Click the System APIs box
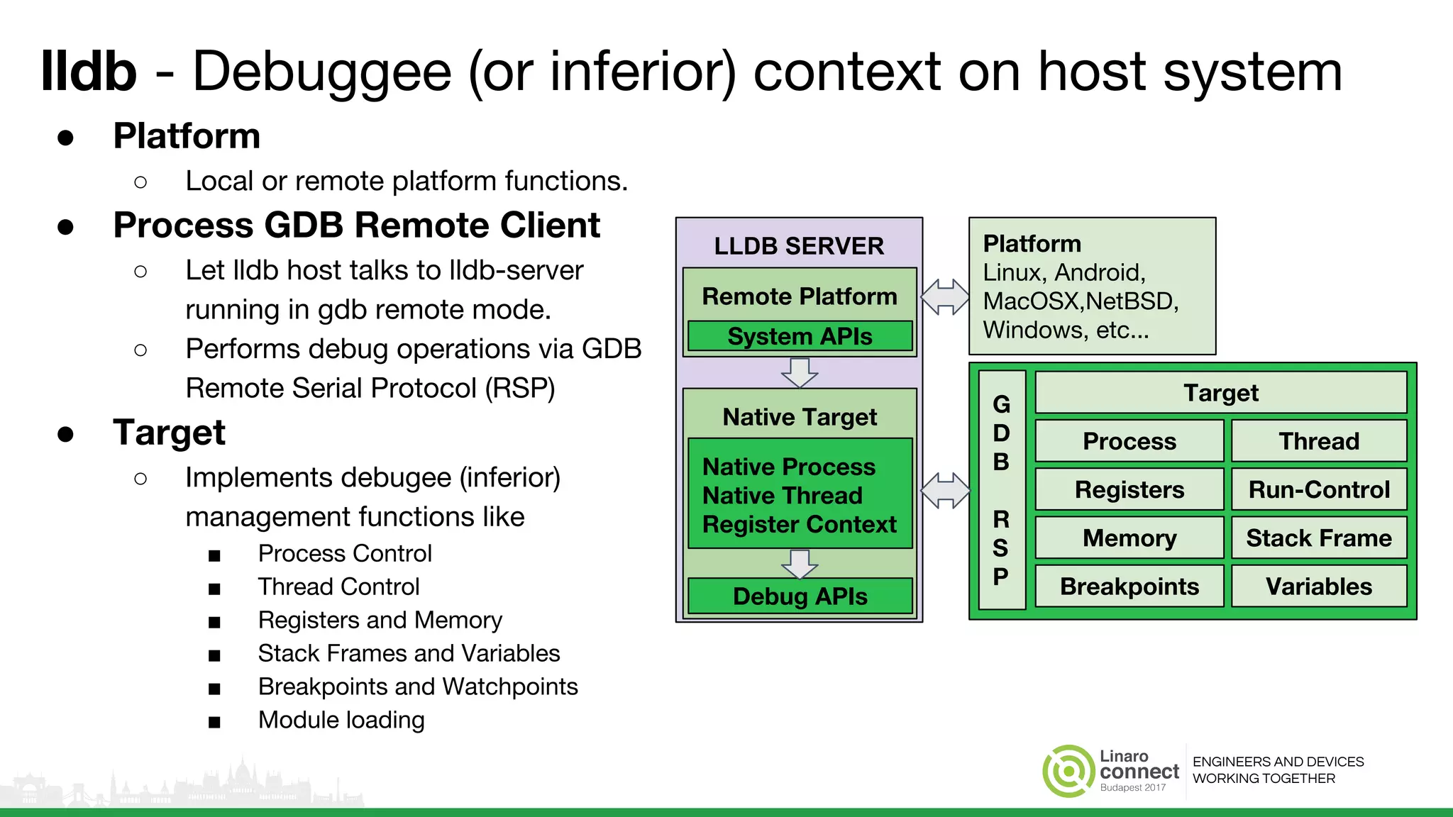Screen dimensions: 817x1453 pyautogui.click(x=800, y=336)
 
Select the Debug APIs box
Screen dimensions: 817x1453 pyautogui.click(x=800, y=596)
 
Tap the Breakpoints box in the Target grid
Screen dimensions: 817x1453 pyautogui.click(x=1129, y=586)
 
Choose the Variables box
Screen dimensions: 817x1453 pyautogui.click(x=1318, y=586)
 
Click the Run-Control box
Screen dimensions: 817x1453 pyautogui.click(x=1318, y=489)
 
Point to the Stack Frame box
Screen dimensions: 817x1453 pyautogui.click(x=1318, y=538)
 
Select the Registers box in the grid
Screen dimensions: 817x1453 pyautogui.click(x=1129, y=489)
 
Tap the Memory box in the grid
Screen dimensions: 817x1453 pyautogui.click(x=1129, y=538)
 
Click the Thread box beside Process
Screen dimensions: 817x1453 pyautogui.click(x=1318, y=441)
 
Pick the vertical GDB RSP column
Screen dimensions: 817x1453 pyautogui.click(x=1001, y=489)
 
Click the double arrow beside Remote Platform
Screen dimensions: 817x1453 pyautogui.click(x=945, y=296)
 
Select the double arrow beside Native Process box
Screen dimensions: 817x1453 pyautogui.click(x=945, y=491)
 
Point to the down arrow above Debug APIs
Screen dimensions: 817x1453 pyautogui.click(x=800, y=564)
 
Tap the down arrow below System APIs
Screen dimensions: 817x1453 pyautogui.click(x=800, y=372)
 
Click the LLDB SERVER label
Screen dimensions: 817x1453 pyautogui.click(x=799, y=246)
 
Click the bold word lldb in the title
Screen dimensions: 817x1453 pyautogui.click(x=89, y=72)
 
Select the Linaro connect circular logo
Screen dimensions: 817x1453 pyautogui.click(x=1068, y=771)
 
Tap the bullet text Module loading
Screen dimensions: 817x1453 pyautogui.click(x=341, y=720)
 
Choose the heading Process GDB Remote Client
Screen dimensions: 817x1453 pyautogui.click(x=356, y=226)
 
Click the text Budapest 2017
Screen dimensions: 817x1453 pyautogui.click(x=1132, y=787)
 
